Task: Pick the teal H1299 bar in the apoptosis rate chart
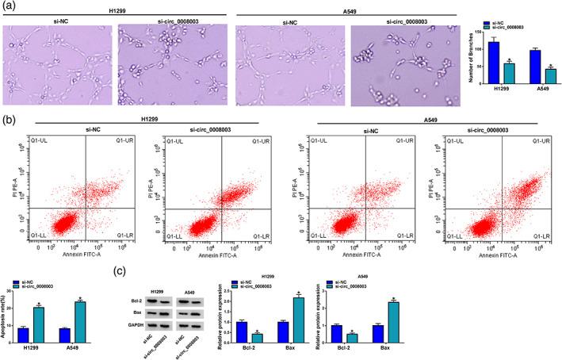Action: pos(39,323)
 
